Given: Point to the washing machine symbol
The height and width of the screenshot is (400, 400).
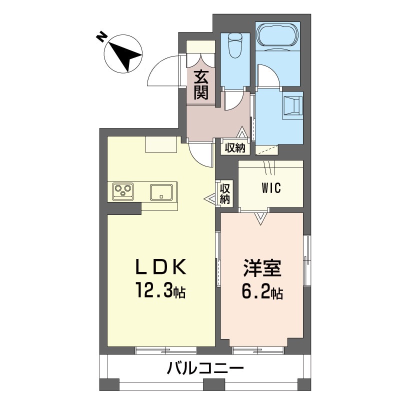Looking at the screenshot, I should click(x=293, y=105).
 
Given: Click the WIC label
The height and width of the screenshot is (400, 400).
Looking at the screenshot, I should click(x=271, y=188).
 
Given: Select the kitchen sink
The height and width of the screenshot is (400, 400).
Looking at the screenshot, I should click(x=161, y=191).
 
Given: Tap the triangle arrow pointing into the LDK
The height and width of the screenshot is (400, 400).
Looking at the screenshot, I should click(x=210, y=199).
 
